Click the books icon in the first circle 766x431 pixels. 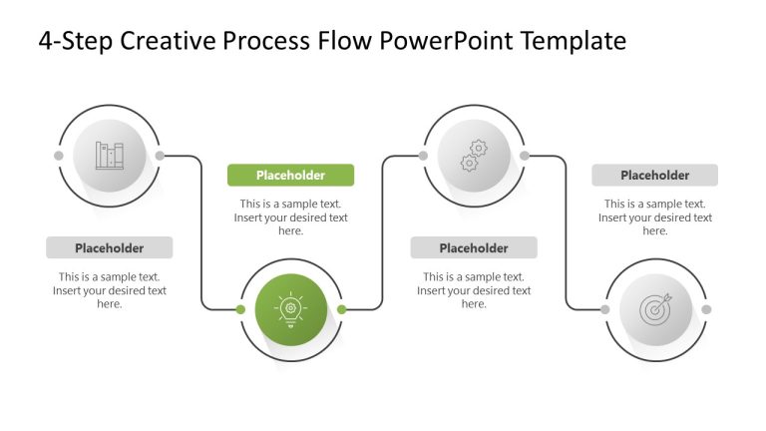[110, 156]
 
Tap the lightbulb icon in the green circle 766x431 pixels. [290, 309]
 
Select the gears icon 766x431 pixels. [474, 156]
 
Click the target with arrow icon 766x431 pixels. [655, 309]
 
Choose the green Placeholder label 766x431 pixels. [290, 176]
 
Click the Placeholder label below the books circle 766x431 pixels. [109, 247]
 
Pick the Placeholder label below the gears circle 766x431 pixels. [474, 247]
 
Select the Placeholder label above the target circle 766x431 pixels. [654, 176]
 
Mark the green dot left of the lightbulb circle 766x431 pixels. [240, 309]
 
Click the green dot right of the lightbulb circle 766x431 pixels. [341, 309]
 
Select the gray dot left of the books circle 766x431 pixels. [59, 156]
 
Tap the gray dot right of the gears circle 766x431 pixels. [525, 156]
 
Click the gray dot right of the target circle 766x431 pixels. [706, 309]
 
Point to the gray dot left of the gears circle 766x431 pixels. [424, 156]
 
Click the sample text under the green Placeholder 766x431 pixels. [290, 217]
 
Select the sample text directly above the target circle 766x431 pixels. [654, 217]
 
